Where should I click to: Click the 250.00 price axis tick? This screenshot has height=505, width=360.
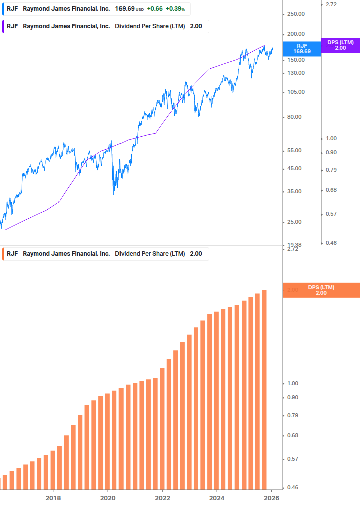click(x=295, y=14)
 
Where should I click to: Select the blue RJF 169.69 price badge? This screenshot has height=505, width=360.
click(x=302, y=48)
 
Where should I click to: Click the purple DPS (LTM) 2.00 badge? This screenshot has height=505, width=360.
click(x=340, y=45)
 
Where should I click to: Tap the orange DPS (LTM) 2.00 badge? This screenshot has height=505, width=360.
click(x=321, y=290)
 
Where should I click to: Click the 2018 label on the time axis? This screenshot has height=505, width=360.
click(x=53, y=498)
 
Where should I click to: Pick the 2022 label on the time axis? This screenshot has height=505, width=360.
click(x=162, y=498)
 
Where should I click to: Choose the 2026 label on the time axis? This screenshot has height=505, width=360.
click(x=271, y=498)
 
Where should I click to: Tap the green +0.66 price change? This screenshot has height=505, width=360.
click(x=155, y=9)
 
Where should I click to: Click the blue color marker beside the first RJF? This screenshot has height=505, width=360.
click(x=3, y=9)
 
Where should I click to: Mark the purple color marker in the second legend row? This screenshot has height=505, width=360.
click(x=3, y=26)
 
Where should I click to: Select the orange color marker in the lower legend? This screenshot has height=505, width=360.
click(x=3, y=254)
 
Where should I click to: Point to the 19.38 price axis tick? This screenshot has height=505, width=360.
click(x=294, y=245)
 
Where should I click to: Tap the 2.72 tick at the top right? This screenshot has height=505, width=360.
click(x=331, y=4)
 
